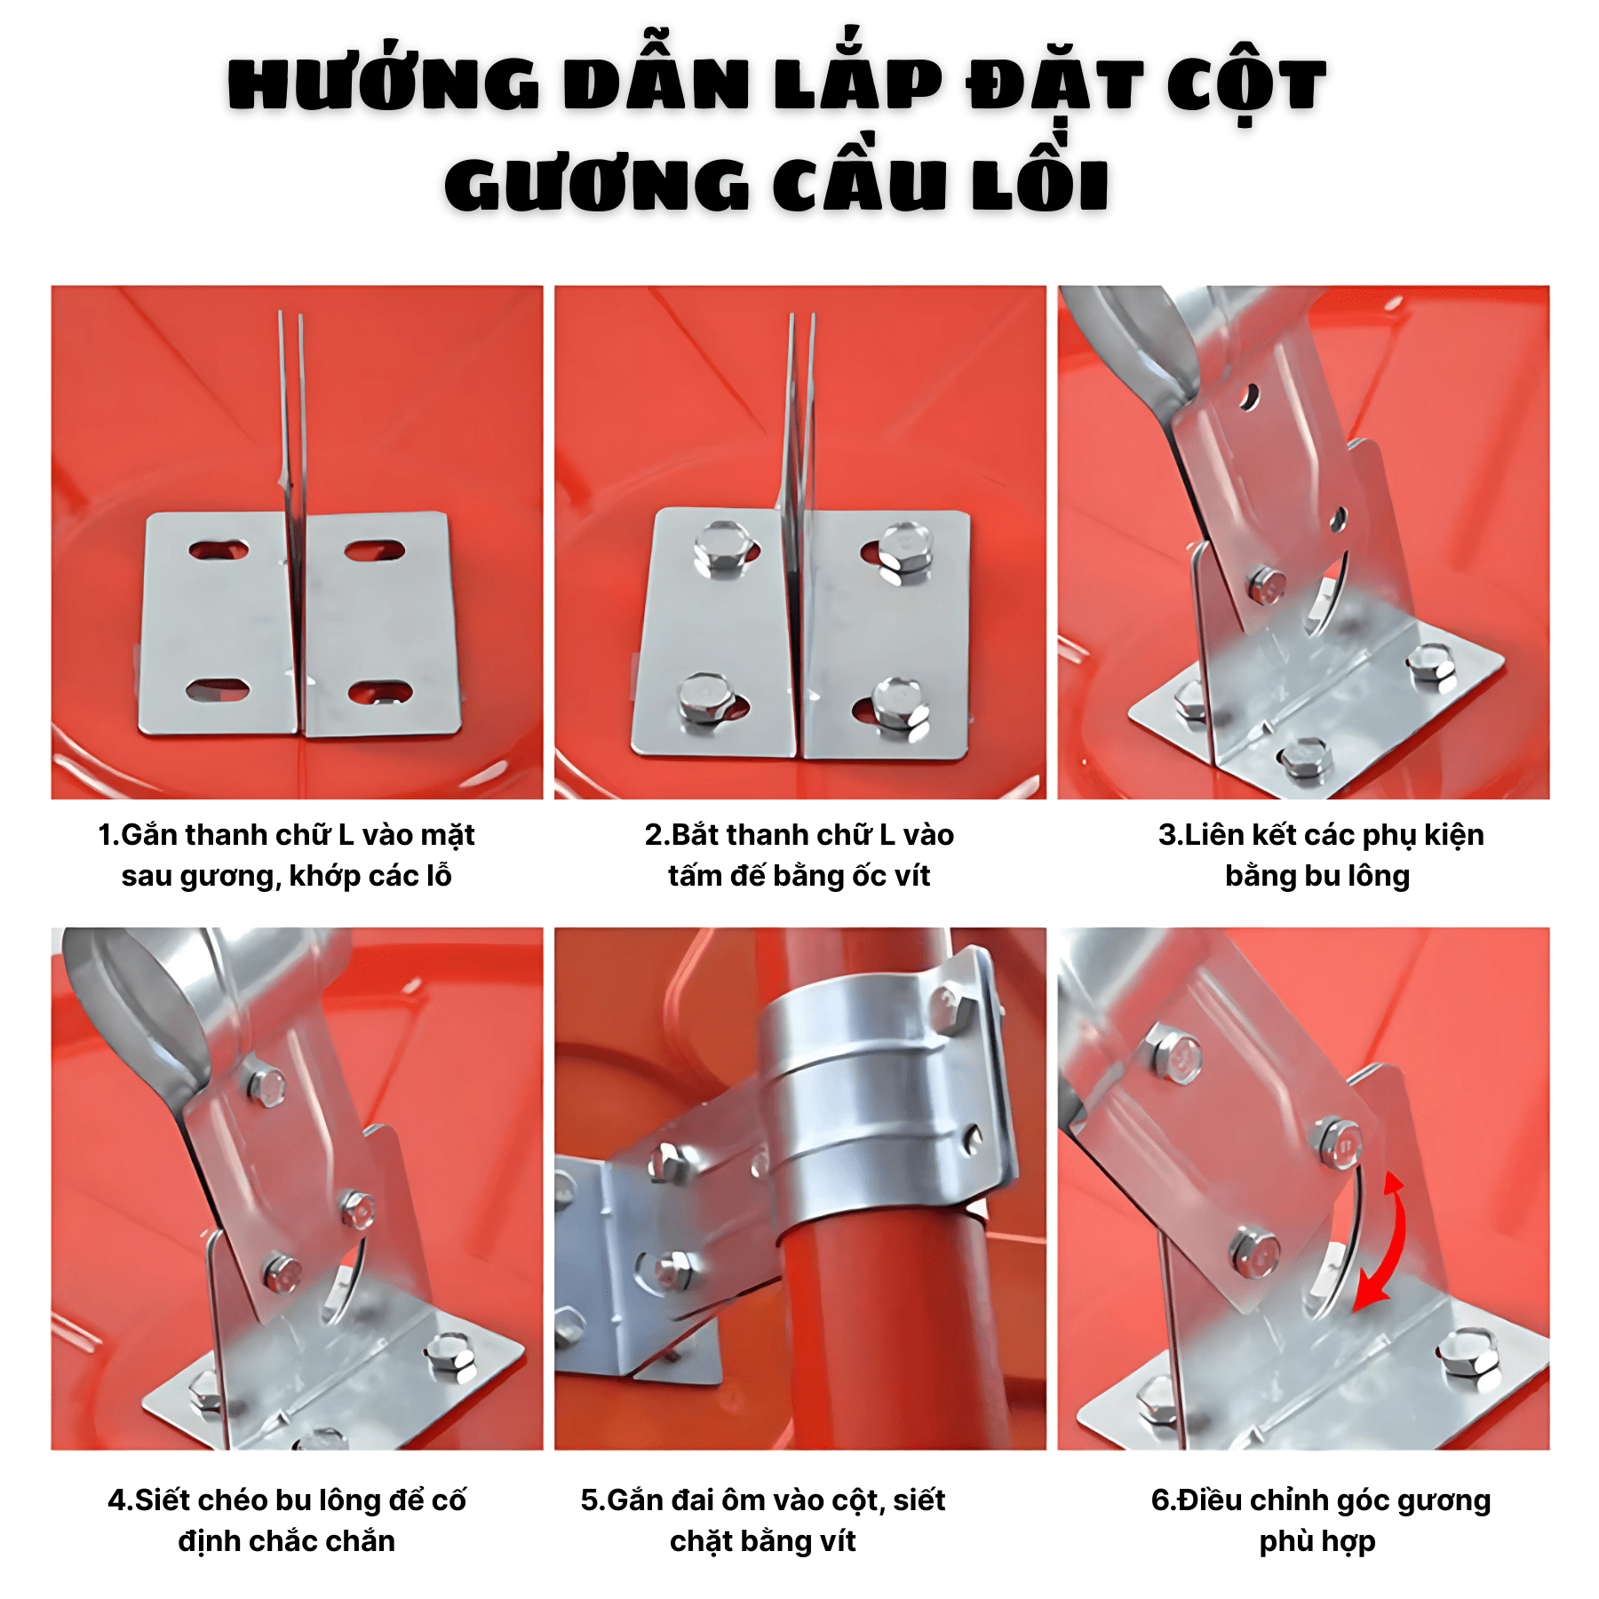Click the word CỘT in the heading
1246,82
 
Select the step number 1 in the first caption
105,835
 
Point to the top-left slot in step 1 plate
219,550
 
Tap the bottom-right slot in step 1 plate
379,692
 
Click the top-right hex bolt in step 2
904,551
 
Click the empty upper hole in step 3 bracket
1250,397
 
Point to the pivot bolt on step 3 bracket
1266,585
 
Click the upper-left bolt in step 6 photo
1173,1053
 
